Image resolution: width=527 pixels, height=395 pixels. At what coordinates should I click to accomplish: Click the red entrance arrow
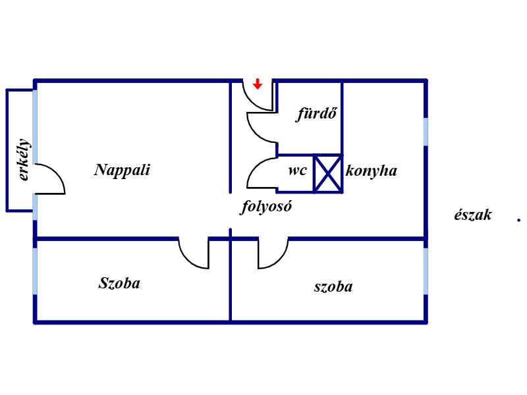[258, 84]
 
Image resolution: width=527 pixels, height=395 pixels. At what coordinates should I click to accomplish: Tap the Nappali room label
[122, 170]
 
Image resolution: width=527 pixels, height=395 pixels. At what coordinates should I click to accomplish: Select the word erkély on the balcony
[24, 159]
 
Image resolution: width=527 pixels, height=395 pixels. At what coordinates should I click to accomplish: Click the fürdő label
[317, 114]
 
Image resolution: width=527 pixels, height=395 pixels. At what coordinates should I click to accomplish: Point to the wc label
[297, 170]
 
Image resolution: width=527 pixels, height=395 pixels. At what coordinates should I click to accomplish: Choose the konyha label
[372, 171]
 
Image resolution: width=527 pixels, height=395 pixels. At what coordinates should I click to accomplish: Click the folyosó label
[265, 207]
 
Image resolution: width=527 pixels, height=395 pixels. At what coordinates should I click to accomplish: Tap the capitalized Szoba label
[119, 284]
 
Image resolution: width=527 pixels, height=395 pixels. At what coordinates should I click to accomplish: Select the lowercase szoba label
[333, 286]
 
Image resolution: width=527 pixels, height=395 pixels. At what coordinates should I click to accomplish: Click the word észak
[472, 215]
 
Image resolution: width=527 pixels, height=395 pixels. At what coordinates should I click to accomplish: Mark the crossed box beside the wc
[327, 174]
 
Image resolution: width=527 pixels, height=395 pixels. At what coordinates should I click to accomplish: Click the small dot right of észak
[518, 220]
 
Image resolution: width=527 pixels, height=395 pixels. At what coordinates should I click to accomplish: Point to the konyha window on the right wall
[426, 131]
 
